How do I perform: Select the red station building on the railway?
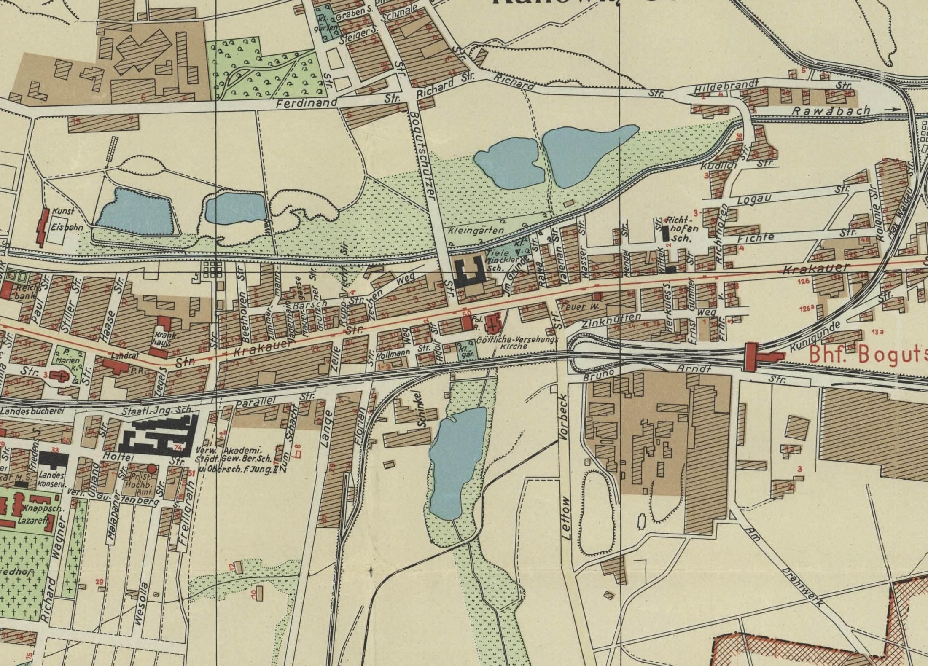(x=750, y=357)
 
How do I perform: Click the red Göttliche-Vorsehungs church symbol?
(x=492, y=323)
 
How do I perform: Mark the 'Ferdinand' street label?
(x=307, y=103)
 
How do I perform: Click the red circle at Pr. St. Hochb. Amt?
(x=152, y=469)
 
